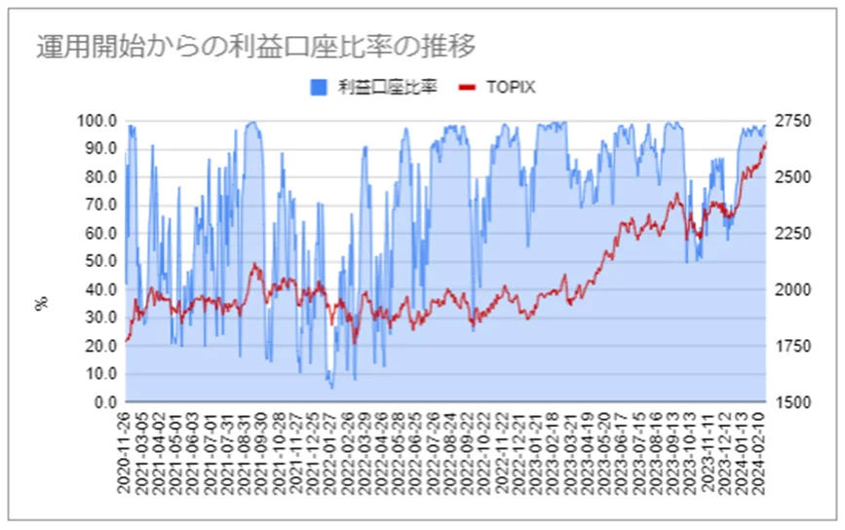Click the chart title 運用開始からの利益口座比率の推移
pyautogui.click(x=256, y=46)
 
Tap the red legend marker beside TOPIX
pyautogui.click(x=468, y=88)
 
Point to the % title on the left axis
pyautogui.click(x=41, y=304)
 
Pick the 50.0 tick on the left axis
pyautogui.click(x=102, y=262)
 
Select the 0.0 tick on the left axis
pyautogui.click(x=106, y=402)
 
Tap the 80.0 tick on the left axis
pyautogui.click(x=102, y=177)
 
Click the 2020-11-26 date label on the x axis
pyautogui.click(x=126, y=451)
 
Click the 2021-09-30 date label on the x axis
pyautogui.click(x=262, y=451)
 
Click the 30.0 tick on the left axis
pyautogui.click(x=102, y=319)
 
